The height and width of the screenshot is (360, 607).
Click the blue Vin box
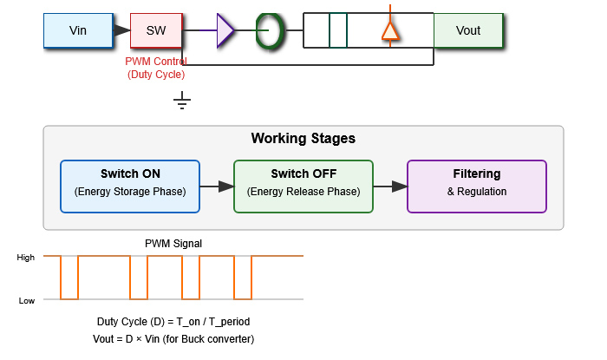point(78,30)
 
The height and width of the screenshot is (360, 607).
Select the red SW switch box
point(156,30)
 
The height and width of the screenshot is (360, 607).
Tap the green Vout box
point(468,30)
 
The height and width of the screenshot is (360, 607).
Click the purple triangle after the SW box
point(225,30)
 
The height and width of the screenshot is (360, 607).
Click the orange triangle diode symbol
point(390,31)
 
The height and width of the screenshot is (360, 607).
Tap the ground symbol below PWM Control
point(182,103)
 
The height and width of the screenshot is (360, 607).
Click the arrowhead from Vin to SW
point(122,30)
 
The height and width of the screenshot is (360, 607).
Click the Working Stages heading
point(303,139)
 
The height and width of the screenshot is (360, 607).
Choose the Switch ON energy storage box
point(130,186)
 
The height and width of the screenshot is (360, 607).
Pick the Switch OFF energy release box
point(303,186)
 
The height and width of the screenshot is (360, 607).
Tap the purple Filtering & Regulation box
point(477,186)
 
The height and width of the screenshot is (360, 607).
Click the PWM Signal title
point(173,244)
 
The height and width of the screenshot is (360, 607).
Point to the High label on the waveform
point(26,257)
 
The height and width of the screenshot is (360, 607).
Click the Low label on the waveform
point(27,300)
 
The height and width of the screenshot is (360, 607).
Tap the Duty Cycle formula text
point(173,322)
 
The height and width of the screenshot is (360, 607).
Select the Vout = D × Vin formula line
point(173,338)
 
